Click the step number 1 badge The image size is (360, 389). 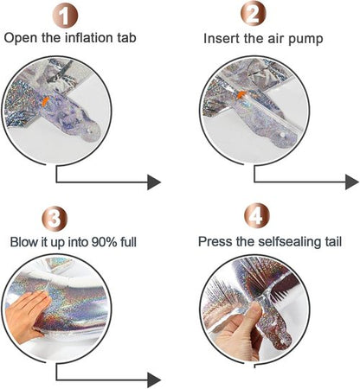pos(65,16)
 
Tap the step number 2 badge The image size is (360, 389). pos(253,14)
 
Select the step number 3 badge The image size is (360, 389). pos(55,219)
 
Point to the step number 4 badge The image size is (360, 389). pos(257,215)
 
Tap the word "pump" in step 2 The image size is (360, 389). pos(305,40)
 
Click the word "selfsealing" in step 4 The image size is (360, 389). pos(288,241)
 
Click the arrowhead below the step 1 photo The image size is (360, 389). pos(154,182)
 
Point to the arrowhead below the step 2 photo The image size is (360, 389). pos(352,182)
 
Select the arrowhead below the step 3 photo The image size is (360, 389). pos(154,379)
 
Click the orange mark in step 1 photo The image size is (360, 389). pos(45,101)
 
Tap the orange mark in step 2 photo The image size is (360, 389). pos(241,94)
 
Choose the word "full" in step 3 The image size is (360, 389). pos(128,242)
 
